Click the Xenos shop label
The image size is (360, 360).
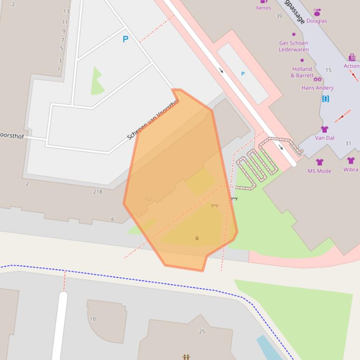pos(263,7)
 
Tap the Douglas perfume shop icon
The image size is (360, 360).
pos(317,12)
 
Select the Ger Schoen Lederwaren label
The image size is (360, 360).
pos(294,46)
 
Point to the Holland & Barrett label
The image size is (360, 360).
pos(301,72)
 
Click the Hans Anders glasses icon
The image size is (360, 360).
pos(317,79)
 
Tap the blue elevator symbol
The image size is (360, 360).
pos(326,99)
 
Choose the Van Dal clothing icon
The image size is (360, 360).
pos(324,130)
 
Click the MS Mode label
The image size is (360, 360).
pos(319,171)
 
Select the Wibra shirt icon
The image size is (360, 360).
pos(351,161)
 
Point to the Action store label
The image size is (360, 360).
pos(352,66)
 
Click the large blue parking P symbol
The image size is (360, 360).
pos(125,39)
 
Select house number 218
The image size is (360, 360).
pos(97,192)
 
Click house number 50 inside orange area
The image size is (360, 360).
pos(148,200)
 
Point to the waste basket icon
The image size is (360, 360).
pos(197,238)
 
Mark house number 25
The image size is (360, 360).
pos(202,331)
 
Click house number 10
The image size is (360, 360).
pos(93,319)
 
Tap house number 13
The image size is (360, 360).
pos(66,11)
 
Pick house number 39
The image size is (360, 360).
pos(279,16)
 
